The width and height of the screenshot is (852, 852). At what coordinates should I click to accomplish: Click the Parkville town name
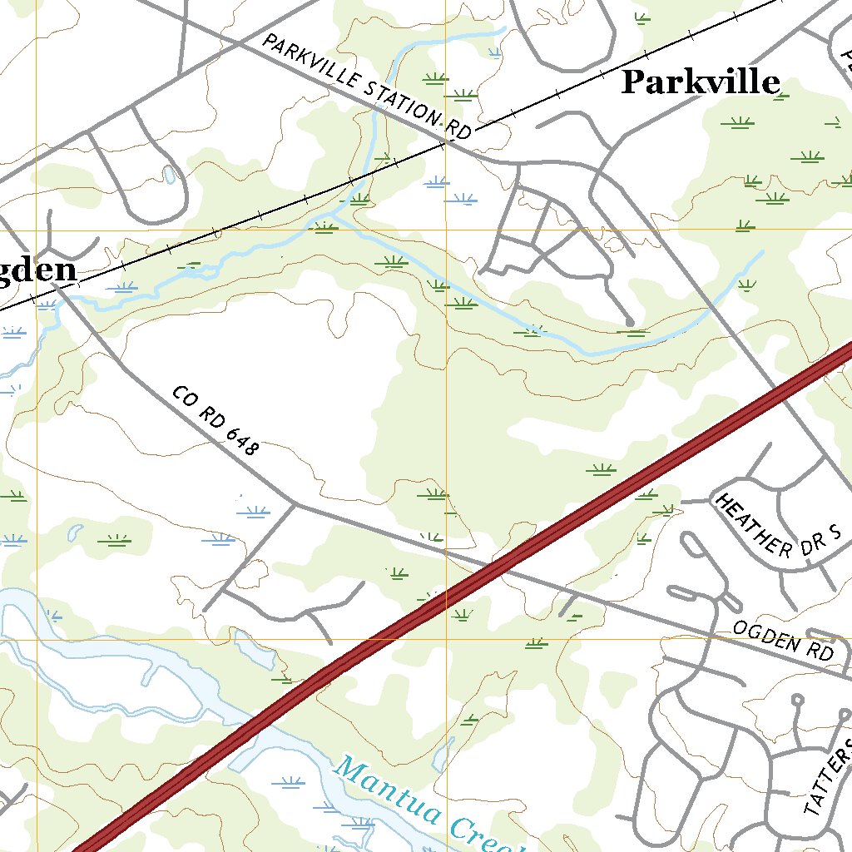pos(701,82)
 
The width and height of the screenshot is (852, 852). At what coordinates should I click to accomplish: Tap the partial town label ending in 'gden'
pos(37,270)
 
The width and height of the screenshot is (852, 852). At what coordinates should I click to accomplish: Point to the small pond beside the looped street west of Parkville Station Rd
pos(170,174)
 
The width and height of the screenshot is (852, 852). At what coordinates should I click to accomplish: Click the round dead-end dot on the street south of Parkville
pos(630,321)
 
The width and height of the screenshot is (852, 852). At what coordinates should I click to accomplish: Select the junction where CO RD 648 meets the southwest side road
pos(295,503)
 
